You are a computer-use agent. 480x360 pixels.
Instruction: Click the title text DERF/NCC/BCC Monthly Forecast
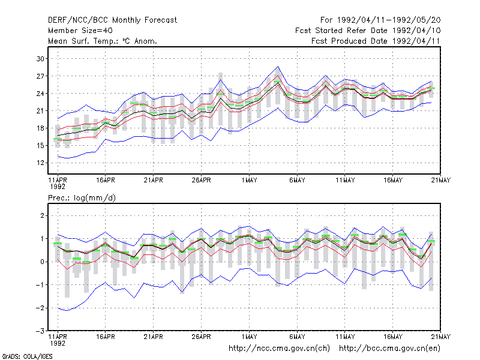pyautogui.click(x=112, y=20)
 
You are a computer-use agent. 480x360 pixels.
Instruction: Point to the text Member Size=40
pyautogui.click(x=80, y=31)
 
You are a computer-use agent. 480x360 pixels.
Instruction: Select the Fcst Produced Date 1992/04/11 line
pyautogui.click(x=376, y=41)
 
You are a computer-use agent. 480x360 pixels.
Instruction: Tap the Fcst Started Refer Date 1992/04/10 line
pyautogui.click(x=368, y=31)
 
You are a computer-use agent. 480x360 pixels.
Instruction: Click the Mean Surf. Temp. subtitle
pyautogui.click(x=103, y=41)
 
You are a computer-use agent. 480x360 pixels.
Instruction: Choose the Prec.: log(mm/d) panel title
pyautogui.click(x=82, y=198)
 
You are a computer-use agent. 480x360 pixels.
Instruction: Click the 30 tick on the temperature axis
pyautogui.click(x=40, y=58)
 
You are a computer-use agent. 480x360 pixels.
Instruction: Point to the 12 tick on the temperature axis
pyautogui.click(x=40, y=163)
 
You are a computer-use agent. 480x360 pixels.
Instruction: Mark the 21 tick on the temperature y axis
pyautogui.click(x=40, y=111)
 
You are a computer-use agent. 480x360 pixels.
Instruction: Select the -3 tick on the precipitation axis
pyautogui.click(x=40, y=331)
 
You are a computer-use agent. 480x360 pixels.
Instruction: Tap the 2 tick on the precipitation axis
pyautogui.click(x=43, y=215)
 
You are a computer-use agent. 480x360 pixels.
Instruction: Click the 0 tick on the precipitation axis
pyautogui.click(x=43, y=262)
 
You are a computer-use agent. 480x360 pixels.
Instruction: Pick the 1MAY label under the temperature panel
pyautogui.click(x=249, y=181)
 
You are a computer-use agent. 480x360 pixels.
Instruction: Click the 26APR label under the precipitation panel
pyautogui.click(x=202, y=337)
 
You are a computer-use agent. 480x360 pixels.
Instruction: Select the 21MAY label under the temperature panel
pyautogui.click(x=441, y=181)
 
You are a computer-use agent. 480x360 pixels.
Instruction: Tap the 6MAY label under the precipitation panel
pyautogui.click(x=297, y=337)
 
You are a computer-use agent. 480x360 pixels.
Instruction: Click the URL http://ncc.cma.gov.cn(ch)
pyautogui.click(x=279, y=349)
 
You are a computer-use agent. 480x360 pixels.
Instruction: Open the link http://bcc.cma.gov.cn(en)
pyautogui.click(x=389, y=349)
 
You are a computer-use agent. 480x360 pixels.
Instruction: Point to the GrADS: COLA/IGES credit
pyautogui.click(x=27, y=356)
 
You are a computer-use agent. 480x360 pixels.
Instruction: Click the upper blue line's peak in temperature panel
pyautogui.click(x=278, y=67)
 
